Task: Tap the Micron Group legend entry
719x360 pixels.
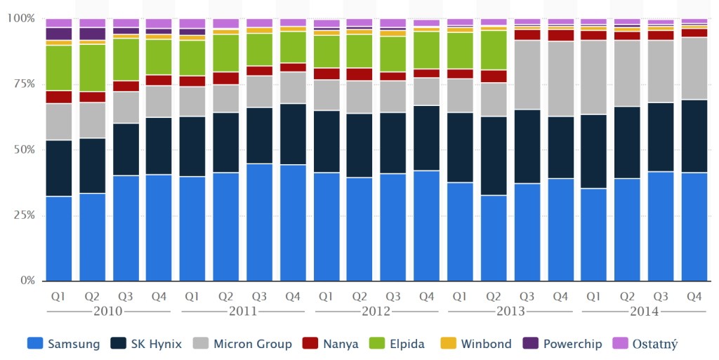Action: click(244, 344)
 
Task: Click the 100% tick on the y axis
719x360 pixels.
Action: click(20, 18)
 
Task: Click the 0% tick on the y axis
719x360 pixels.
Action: click(26, 281)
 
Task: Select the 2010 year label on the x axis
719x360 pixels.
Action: click(108, 311)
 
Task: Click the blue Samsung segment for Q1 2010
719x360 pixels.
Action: click(58, 239)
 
